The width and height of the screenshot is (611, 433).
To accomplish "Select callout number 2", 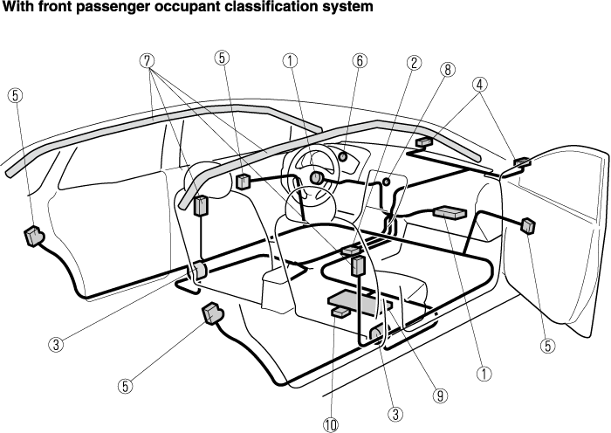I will coord(415,63).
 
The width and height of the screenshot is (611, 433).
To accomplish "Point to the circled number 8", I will coord(448,70).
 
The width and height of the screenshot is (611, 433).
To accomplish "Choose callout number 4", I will coord(480,85).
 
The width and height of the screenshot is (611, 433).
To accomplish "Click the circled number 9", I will coord(441,395).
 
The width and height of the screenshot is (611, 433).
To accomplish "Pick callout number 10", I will coord(330,424).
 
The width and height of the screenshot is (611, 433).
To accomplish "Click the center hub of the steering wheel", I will coord(314,178).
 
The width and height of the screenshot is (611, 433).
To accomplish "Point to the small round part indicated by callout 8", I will coord(385,182).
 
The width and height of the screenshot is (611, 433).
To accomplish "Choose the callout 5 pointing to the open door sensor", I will coord(548,345).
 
